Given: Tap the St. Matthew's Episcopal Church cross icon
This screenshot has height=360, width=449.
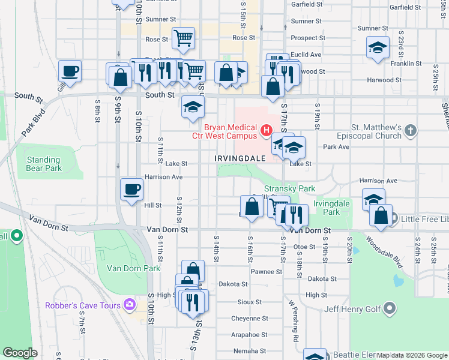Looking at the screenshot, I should pos(410,130).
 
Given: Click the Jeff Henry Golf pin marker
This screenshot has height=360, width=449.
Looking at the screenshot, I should pos(390,310).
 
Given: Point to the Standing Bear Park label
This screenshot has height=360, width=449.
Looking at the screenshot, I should pos(43,164).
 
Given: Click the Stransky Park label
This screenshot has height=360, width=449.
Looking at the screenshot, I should pos(289,188).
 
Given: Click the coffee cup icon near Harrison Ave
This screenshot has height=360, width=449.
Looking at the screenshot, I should pos(132,190).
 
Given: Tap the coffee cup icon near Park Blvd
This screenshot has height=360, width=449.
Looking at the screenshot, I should pos(70,71).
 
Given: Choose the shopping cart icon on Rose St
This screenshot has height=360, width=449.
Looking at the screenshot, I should pos(184,38).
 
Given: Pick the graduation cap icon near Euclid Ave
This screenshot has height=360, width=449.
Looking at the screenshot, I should pos(378,47).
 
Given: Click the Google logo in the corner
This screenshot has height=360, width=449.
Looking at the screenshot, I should pos(20,353).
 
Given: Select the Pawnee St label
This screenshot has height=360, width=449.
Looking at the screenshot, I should pos(267,271).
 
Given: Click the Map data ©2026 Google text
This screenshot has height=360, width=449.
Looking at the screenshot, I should pos(411,355).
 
